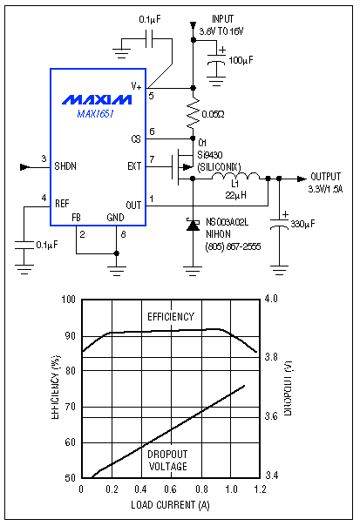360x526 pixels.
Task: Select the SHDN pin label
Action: pos(66,164)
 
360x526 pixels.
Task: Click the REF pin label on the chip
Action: pos(62,203)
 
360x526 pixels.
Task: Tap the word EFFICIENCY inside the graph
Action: pos(170,316)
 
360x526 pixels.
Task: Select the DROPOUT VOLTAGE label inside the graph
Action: pos(167,460)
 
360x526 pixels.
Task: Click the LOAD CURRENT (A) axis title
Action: pos(169,504)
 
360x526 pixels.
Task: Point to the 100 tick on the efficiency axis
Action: pos(69,300)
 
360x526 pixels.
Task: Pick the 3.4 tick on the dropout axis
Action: pos(271,475)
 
